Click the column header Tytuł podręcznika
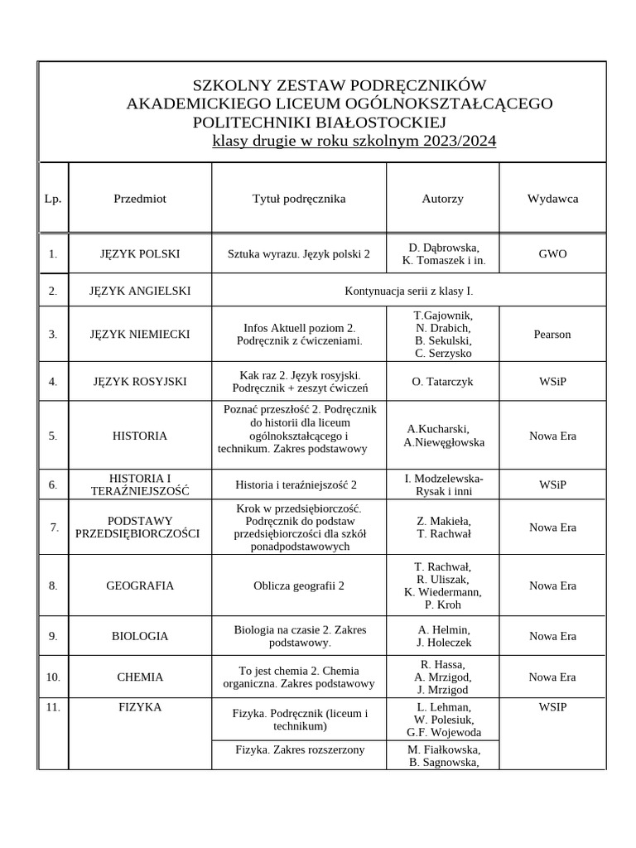[x=299, y=199]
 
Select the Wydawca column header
[x=552, y=199]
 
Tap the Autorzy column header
[x=442, y=199]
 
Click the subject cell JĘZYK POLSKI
[x=140, y=253]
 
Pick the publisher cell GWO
[x=552, y=253]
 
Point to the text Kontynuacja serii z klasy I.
[x=408, y=291]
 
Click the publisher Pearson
[x=552, y=334]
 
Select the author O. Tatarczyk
[x=442, y=382]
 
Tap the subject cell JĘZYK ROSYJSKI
[x=140, y=382]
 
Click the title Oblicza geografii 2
[x=299, y=585]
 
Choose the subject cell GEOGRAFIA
[x=140, y=585]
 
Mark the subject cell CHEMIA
[x=140, y=677]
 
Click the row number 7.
[x=54, y=527]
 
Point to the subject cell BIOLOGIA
[x=140, y=636]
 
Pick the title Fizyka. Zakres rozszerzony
[x=300, y=750]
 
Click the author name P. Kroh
[x=442, y=604]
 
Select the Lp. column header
[x=53, y=199]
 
